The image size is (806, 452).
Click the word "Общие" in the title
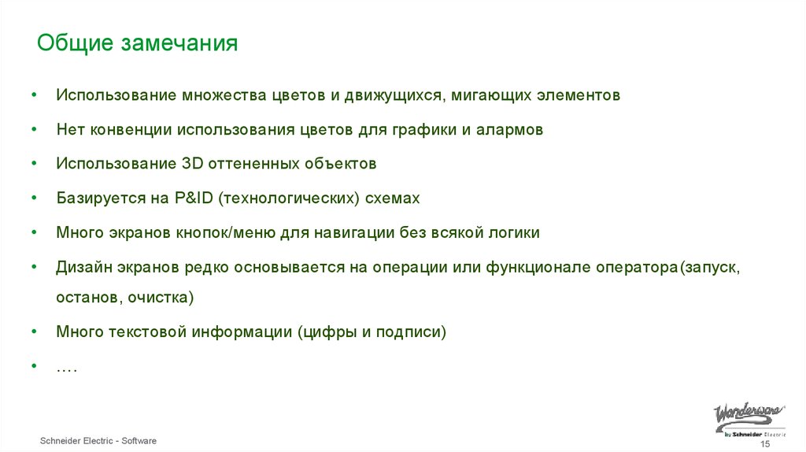[75, 43]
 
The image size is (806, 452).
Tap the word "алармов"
[509, 130]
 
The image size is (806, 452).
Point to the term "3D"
[193, 164]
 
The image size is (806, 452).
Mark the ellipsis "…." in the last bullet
[66, 367]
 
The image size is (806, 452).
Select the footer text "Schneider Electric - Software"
[98, 441]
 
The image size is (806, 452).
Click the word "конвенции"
[134, 130]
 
